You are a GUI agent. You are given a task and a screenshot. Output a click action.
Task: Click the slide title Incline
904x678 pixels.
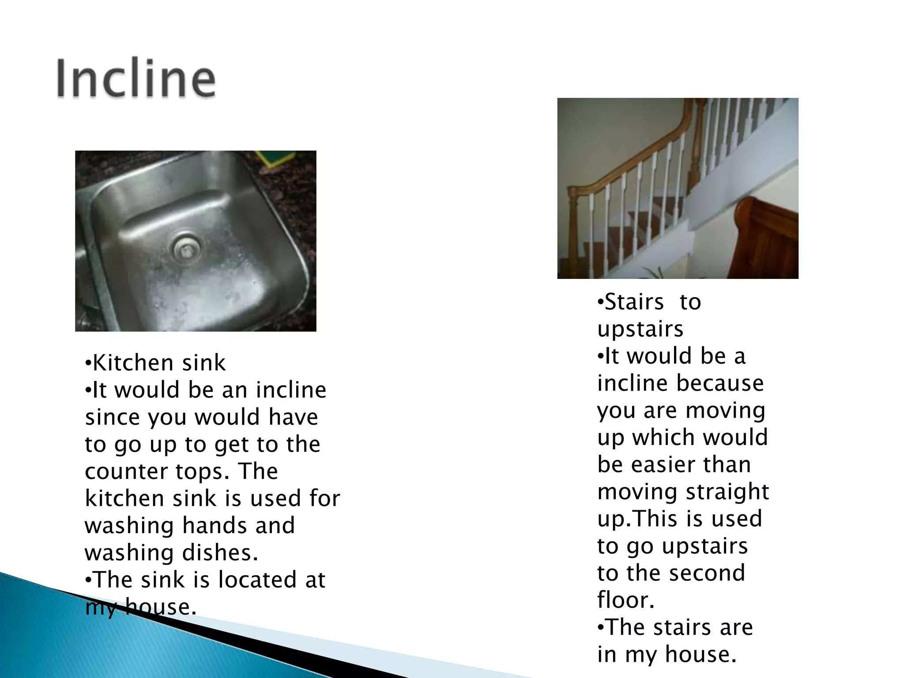tap(136, 79)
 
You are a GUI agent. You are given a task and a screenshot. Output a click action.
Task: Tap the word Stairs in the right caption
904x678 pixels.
tap(634, 302)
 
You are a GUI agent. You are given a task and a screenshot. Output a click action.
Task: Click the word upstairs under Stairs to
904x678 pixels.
tap(640, 329)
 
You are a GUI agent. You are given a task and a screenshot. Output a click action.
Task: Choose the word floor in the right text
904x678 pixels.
tap(625, 600)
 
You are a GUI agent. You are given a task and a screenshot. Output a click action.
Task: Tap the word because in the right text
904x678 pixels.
tap(719, 383)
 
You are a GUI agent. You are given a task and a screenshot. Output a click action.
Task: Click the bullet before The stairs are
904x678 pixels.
tap(600, 627)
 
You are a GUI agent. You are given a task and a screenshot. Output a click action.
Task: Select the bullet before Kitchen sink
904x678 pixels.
tap(88, 364)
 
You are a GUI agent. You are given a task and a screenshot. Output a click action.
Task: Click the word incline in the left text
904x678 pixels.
tap(291, 390)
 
